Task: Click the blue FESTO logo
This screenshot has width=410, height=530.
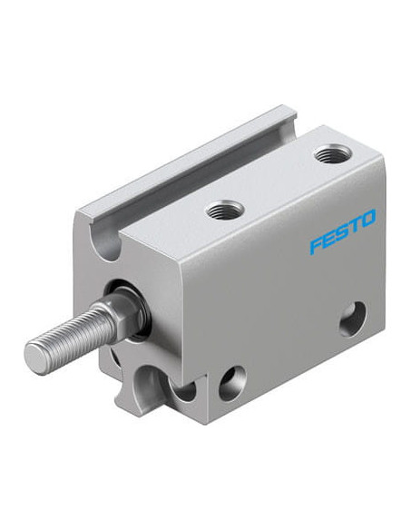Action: (x=343, y=231)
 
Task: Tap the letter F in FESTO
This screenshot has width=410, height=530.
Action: (x=317, y=245)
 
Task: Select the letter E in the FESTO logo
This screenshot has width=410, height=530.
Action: (x=330, y=239)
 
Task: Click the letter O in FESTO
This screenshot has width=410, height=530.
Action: (x=368, y=219)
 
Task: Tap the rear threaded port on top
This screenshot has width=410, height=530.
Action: (x=333, y=153)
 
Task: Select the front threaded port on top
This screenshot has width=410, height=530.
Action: (x=225, y=210)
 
